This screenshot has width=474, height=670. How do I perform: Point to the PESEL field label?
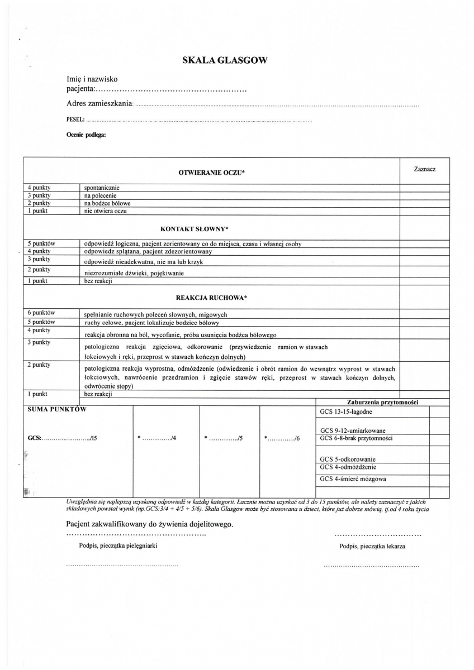75,119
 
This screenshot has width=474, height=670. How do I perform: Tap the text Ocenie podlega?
86,135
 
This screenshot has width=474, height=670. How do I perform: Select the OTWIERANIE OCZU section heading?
211,173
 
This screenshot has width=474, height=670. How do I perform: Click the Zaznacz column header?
425,169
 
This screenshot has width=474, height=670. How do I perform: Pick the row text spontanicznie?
102,188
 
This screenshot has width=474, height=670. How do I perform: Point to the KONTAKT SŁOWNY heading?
195,229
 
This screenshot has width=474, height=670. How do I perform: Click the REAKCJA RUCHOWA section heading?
211,298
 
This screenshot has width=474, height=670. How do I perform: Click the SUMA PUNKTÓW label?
57,409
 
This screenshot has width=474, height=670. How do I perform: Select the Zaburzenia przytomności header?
383,402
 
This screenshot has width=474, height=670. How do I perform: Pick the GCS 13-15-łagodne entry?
346,412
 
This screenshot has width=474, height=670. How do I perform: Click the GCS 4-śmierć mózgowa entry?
353,479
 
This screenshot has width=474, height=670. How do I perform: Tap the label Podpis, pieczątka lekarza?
372,547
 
